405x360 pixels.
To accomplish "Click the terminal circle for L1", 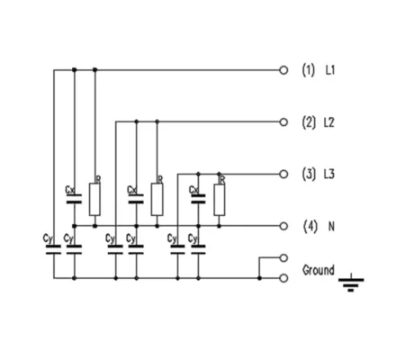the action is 283,70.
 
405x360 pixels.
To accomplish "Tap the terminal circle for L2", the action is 283,122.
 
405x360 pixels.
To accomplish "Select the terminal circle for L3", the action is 283,174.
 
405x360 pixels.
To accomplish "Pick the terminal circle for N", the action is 283,226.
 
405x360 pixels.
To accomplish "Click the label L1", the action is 330,70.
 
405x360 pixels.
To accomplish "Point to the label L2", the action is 329,122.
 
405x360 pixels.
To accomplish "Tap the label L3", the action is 329,175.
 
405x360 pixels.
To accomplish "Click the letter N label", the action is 331,227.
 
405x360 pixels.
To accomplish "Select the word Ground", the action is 319,270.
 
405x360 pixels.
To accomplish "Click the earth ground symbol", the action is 351,283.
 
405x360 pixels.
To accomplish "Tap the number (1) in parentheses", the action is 309,70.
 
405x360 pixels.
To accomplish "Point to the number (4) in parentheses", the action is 310,227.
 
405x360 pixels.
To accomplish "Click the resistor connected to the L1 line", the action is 94,199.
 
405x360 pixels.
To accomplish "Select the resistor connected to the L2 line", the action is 157,199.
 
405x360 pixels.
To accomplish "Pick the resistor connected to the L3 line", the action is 219,200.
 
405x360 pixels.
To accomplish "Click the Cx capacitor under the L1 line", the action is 74,199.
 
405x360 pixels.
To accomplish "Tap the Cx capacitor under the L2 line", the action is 136,199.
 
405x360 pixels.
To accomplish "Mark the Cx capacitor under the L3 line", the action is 198,199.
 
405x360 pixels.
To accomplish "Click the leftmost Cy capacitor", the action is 54,250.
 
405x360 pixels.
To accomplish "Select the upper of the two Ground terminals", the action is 283,257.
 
